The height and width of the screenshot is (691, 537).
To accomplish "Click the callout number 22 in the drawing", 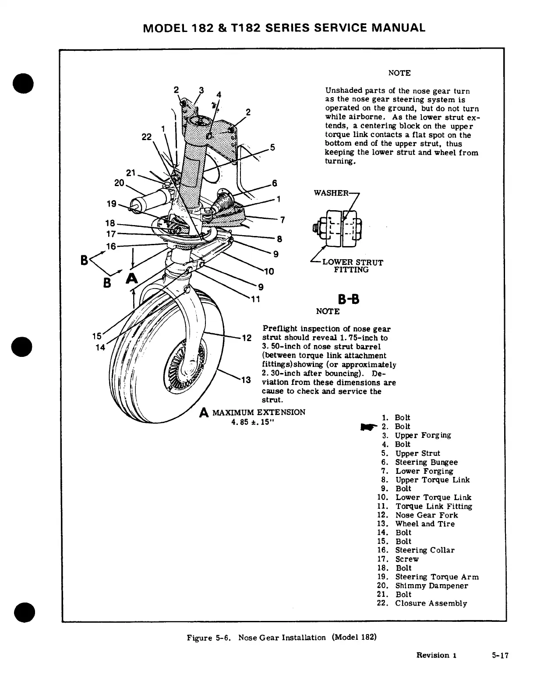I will click(x=146, y=137).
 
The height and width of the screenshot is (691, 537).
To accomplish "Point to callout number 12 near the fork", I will click(x=247, y=338).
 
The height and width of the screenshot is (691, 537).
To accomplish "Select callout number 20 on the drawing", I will click(x=119, y=183).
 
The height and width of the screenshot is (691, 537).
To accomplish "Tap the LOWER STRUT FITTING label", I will click(x=352, y=266).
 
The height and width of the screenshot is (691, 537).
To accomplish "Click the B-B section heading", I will click(x=349, y=300).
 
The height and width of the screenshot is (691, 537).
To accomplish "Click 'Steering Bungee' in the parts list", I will click(x=426, y=462).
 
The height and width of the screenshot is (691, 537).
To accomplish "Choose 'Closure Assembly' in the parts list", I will click(x=431, y=603).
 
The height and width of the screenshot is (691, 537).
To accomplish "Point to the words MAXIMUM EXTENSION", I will click(x=258, y=412).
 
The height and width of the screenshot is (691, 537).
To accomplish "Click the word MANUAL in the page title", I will click(x=398, y=28).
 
